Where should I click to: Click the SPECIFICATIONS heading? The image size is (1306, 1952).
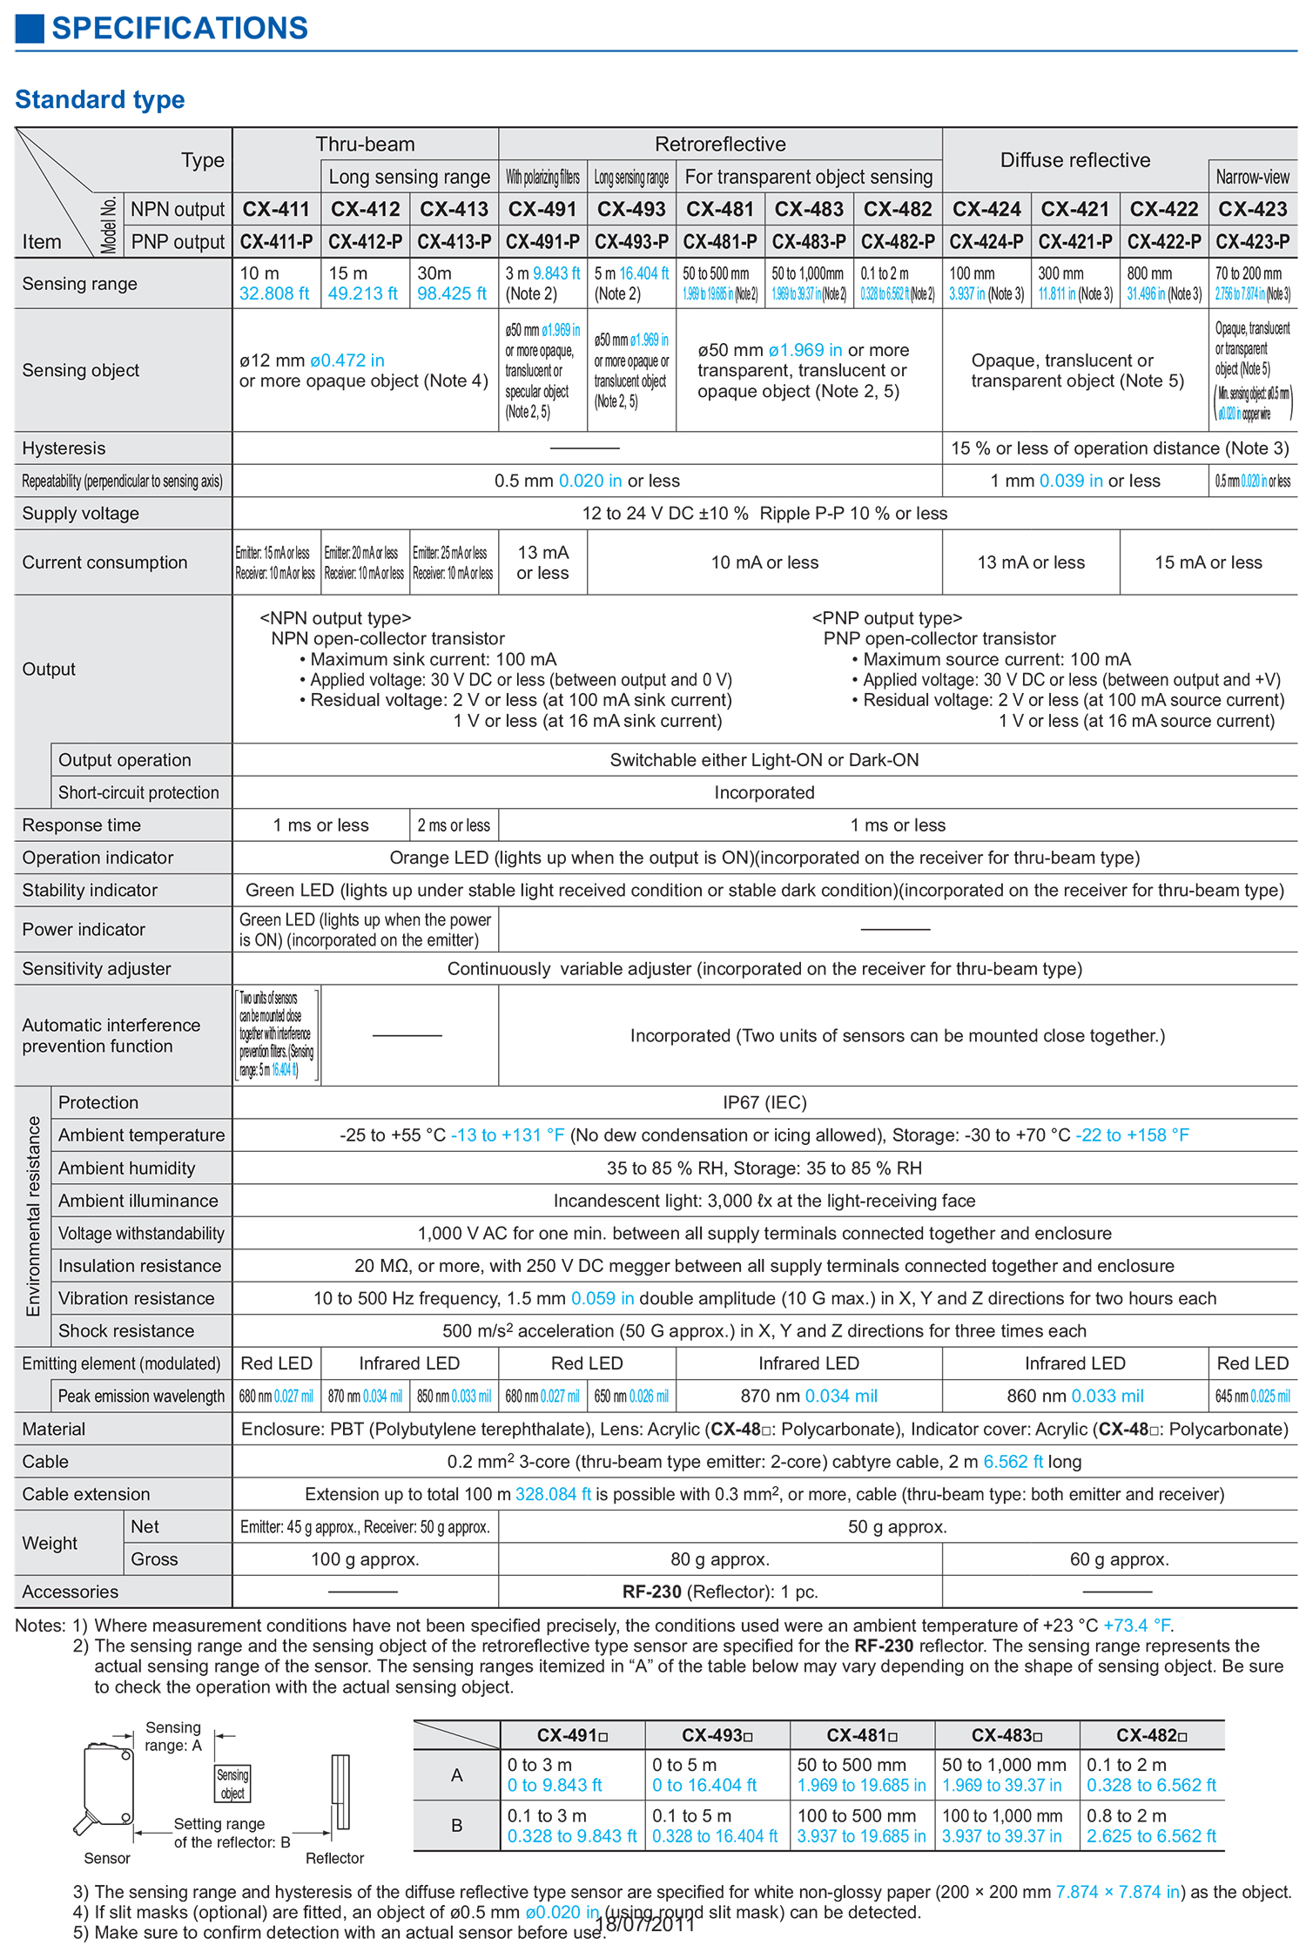[179, 28]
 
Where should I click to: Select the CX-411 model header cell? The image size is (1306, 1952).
[276, 209]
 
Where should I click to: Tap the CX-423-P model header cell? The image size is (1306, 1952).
[1252, 241]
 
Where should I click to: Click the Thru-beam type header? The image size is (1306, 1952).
[365, 145]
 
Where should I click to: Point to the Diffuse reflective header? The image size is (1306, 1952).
[1074, 160]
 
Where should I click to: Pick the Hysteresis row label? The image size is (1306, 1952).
[64, 448]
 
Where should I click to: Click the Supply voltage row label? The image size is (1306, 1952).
[80, 514]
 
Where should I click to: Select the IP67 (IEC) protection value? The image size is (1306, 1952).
[764, 1102]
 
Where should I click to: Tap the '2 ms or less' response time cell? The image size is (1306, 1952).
[454, 825]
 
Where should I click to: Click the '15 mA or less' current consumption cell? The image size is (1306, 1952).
[1208, 562]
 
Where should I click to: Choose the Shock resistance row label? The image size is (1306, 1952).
[126, 1330]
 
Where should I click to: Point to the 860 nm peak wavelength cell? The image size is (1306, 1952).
[1074, 1396]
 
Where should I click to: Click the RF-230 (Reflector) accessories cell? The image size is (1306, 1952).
[720, 1592]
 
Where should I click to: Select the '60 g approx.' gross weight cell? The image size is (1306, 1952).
[1119, 1559]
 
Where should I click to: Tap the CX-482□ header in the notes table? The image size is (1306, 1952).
[1151, 1735]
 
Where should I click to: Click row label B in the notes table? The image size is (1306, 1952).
[456, 1826]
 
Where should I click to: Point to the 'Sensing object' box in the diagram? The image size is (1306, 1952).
[232, 1784]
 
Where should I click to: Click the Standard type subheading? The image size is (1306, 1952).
[100, 99]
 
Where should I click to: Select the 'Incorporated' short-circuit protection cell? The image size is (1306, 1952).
[764, 792]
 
